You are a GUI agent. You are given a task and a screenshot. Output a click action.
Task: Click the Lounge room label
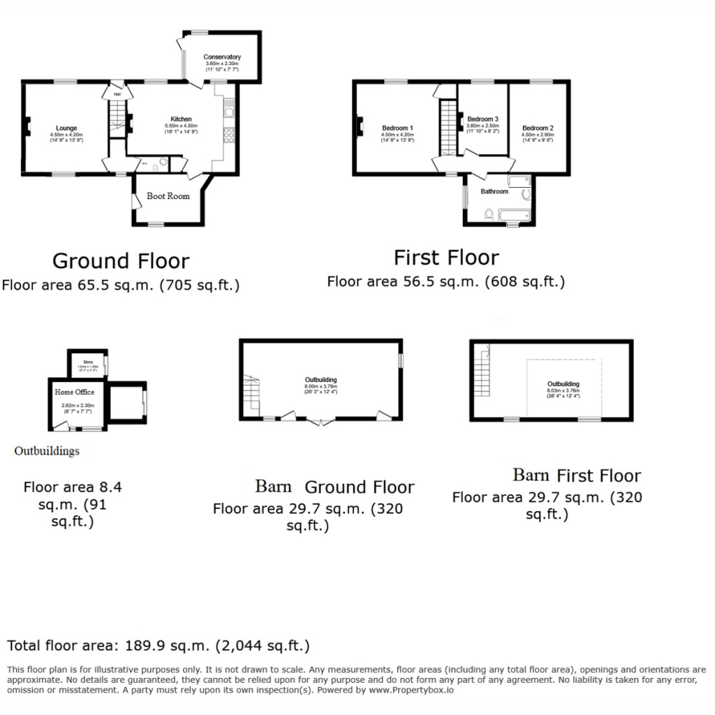click(67, 128)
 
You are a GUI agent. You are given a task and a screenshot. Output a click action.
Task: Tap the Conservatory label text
click(222, 57)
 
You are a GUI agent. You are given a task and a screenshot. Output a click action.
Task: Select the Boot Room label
click(168, 196)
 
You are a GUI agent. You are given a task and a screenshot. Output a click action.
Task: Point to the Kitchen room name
click(181, 119)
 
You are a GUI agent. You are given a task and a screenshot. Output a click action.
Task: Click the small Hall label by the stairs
click(117, 94)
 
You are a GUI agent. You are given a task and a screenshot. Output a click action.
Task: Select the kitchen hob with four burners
click(228, 133)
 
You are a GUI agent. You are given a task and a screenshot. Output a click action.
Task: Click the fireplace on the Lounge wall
click(27, 127)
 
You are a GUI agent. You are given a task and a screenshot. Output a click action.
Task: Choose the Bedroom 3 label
click(482, 119)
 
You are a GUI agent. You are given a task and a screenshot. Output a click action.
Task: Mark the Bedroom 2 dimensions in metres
click(538, 135)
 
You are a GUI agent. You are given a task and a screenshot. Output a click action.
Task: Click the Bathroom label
click(494, 191)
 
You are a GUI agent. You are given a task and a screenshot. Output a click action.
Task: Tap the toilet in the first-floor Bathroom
click(489, 214)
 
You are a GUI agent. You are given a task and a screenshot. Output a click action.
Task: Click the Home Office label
click(75, 392)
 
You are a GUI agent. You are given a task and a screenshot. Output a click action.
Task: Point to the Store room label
click(88, 362)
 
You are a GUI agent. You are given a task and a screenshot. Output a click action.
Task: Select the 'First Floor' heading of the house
click(446, 258)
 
